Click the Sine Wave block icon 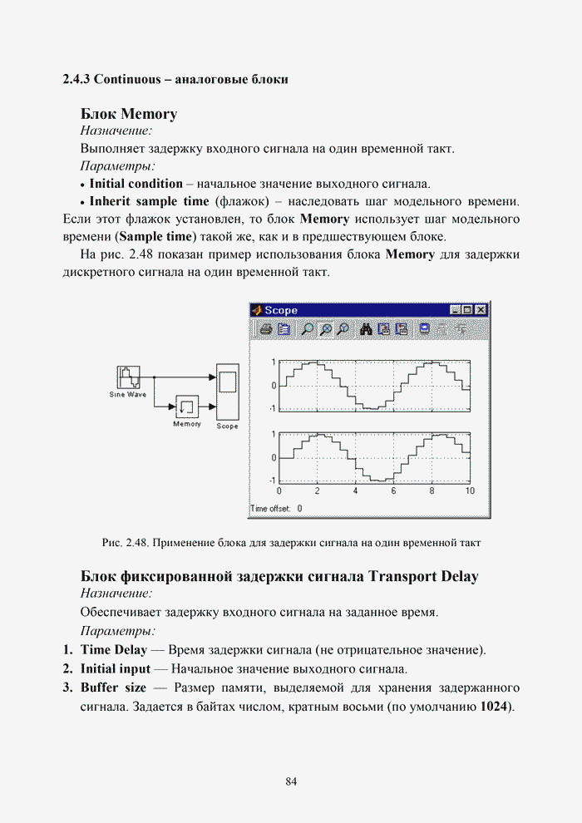pos(127,377)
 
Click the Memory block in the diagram pos(187,407)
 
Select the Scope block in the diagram pos(227,392)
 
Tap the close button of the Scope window pos(481,310)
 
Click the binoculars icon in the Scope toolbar pos(366,329)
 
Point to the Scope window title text pos(281,310)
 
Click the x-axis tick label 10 pos(470,491)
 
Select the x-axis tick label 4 pos(355,491)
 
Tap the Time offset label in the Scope pos(270,508)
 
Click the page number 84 pos(291,781)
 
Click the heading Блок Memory pos(129,113)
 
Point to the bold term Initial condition pos(136,184)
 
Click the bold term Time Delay pos(114,649)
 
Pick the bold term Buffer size pos(113,688)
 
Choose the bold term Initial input pos(116,668)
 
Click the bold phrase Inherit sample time pos(149,202)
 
